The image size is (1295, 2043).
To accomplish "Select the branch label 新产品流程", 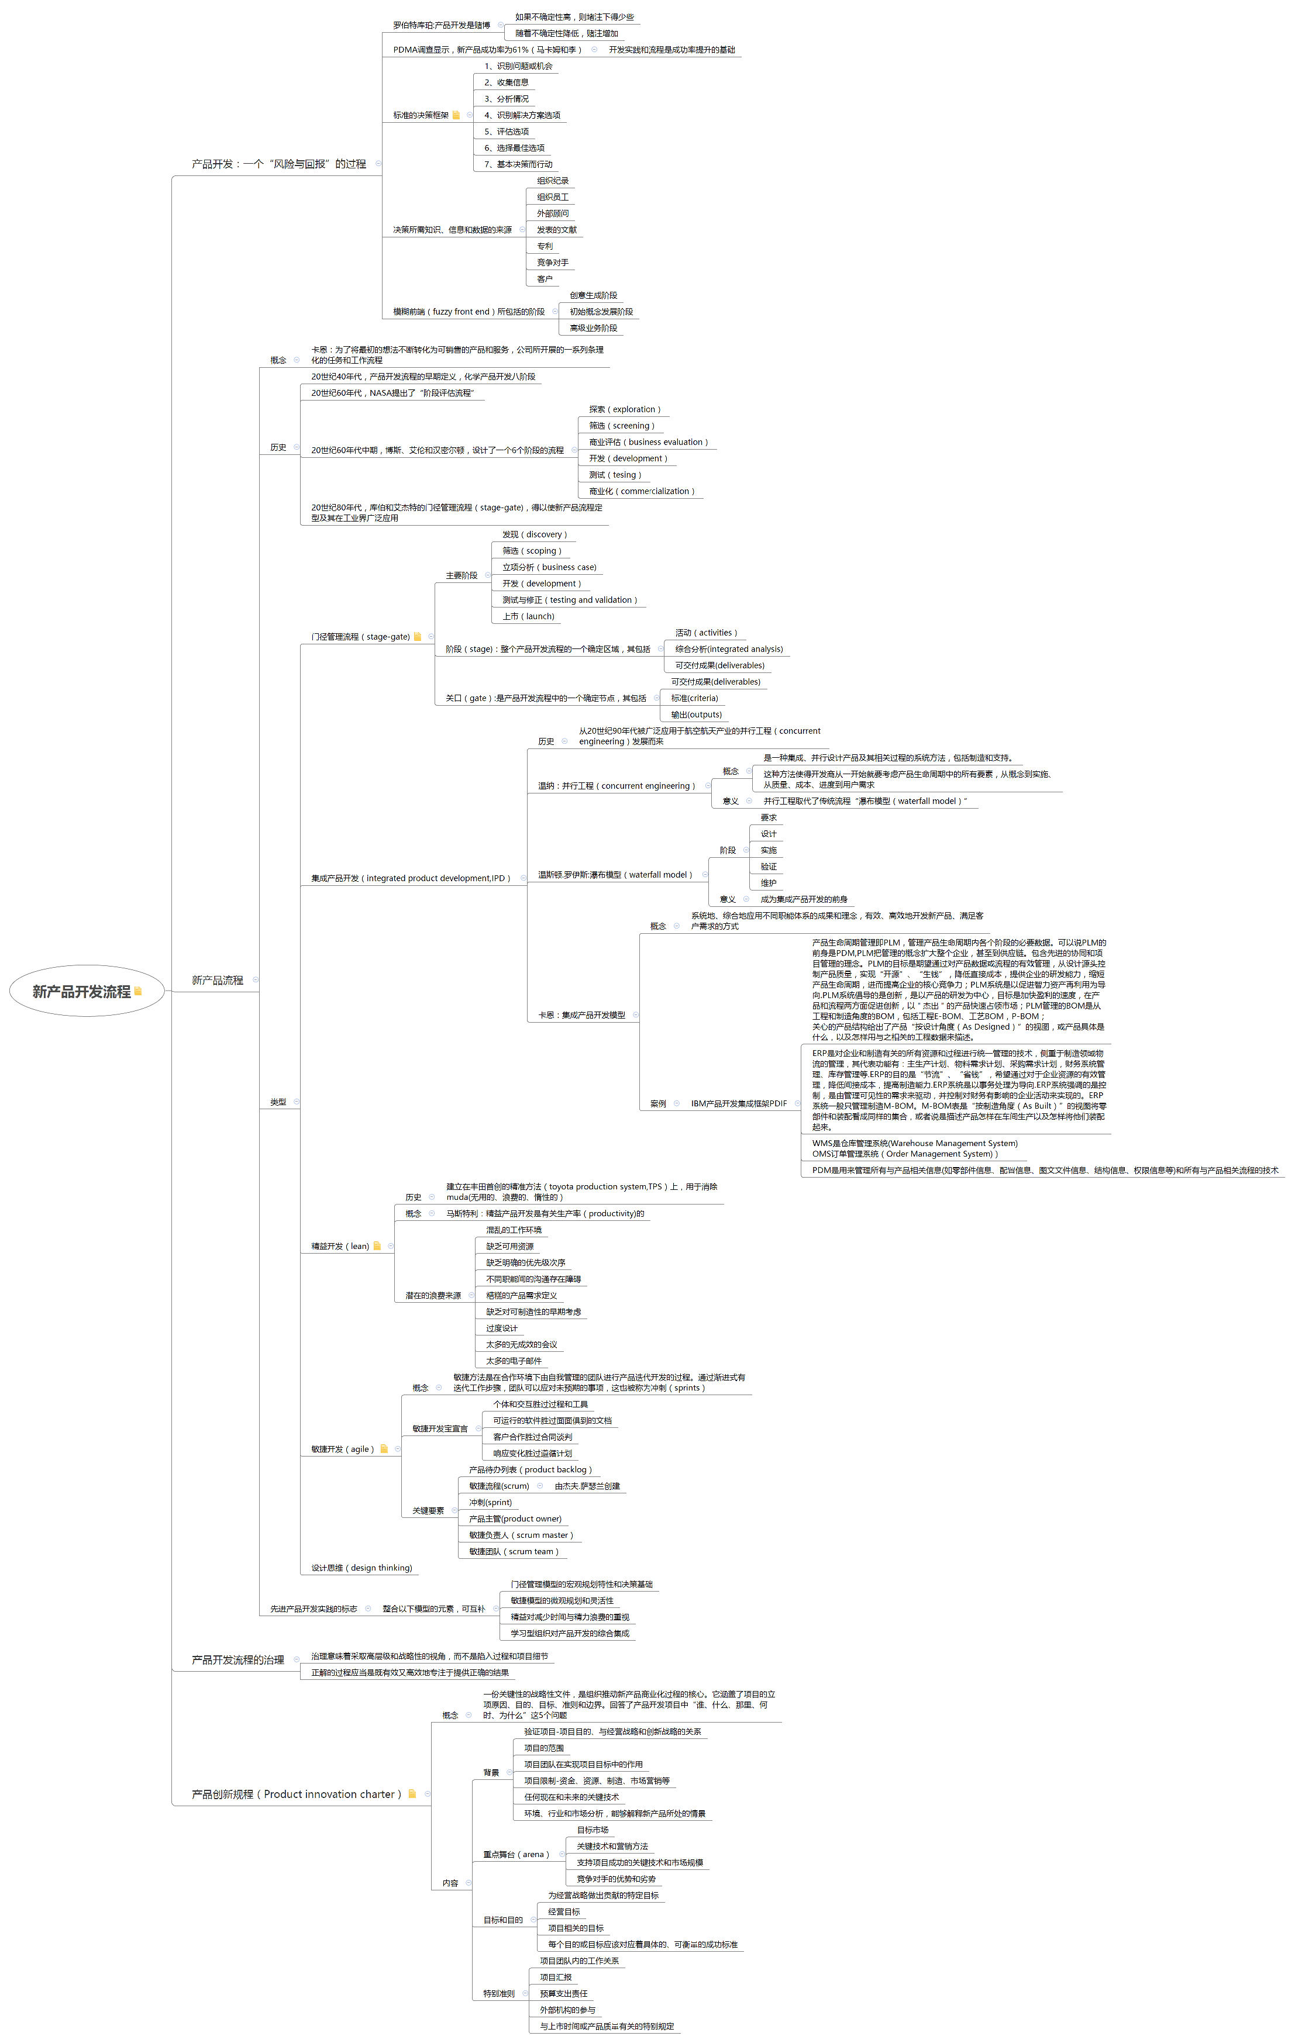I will pyautogui.click(x=217, y=980).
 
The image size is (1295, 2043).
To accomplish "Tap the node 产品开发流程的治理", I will pyautogui.click(x=237, y=1659).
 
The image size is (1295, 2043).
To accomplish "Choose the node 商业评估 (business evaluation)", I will pyautogui.click(x=648, y=442).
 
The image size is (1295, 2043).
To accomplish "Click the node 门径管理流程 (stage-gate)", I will pyautogui.click(x=361, y=636).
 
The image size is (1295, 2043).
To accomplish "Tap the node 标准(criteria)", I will pyautogui.click(x=694, y=698).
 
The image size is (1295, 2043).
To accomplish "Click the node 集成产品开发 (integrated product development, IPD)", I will pyautogui.click(x=411, y=878).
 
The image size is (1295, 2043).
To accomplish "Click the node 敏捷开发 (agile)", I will pyautogui.click(x=343, y=1449).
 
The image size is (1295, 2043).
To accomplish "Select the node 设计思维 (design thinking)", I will pyautogui.click(x=361, y=1568).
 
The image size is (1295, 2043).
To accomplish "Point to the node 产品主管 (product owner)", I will pyautogui.click(x=515, y=1519).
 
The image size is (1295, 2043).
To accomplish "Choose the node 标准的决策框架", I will pyautogui.click(x=421, y=115).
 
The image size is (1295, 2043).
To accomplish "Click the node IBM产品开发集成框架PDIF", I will pyautogui.click(x=738, y=1104).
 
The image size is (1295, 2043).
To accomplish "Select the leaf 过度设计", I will pyautogui.click(x=501, y=1328).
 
